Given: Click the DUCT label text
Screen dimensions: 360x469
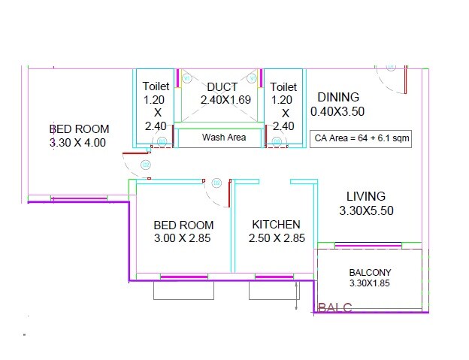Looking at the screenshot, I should click(222, 87).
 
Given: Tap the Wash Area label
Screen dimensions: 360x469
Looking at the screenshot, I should click(224, 138).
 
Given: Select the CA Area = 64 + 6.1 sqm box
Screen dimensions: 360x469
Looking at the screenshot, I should click(361, 139).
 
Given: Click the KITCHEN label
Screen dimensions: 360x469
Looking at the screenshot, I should click(276, 225).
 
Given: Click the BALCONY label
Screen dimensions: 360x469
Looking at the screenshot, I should click(370, 272).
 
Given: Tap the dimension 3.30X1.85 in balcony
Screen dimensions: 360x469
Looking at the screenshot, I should click(370, 283).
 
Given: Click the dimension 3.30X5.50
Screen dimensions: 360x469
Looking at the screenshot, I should click(366, 211).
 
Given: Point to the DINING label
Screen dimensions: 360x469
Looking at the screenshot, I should click(338, 97).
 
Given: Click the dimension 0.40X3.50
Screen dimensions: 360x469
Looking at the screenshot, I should click(337, 111).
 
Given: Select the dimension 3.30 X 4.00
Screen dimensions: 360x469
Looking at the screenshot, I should click(77, 142).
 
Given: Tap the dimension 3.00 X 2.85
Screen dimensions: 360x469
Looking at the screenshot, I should click(183, 238).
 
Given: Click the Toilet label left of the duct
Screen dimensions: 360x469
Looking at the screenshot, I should click(155, 87).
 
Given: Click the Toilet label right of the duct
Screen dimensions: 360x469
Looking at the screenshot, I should click(283, 87).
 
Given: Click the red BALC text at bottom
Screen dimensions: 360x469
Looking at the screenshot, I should click(335, 307).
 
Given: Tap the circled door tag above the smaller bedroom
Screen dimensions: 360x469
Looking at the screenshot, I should click(216, 183).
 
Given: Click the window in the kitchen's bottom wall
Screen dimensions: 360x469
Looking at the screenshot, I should click(274, 277).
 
